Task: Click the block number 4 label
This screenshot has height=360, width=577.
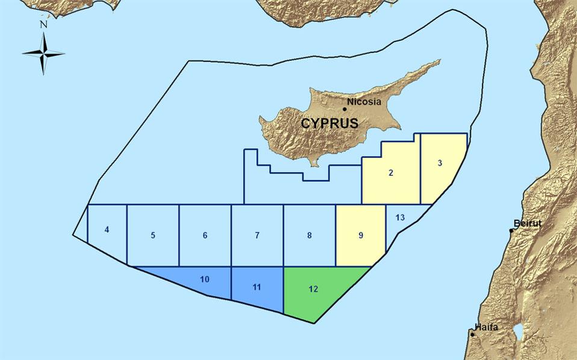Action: [107, 229]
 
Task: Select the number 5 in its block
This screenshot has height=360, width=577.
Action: [153, 235]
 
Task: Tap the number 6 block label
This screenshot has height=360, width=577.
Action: [205, 235]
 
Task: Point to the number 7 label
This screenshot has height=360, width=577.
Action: [257, 235]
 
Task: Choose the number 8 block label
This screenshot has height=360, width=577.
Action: [309, 235]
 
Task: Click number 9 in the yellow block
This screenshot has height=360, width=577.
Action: [361, 235]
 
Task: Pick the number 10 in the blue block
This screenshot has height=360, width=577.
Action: [204, 279]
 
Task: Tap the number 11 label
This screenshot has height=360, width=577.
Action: [257, 287]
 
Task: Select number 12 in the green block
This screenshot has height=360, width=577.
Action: [313, 289]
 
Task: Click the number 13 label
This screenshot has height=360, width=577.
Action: [400, 217]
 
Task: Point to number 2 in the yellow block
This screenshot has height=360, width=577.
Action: [391, 173]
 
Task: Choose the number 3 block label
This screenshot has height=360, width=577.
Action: [440, 163]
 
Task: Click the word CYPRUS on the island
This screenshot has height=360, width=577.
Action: [329, 124]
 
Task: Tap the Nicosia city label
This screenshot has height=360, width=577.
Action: [364, 102]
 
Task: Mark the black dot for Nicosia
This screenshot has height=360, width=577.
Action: [345, 109]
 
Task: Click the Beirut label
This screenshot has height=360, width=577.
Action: [528, 223]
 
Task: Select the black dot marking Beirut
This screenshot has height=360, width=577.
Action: [511, 230]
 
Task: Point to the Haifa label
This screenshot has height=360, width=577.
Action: [486, 327]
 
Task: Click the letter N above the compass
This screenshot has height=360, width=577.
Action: [43, 25]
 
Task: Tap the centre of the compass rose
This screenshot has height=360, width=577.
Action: [43, 54]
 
